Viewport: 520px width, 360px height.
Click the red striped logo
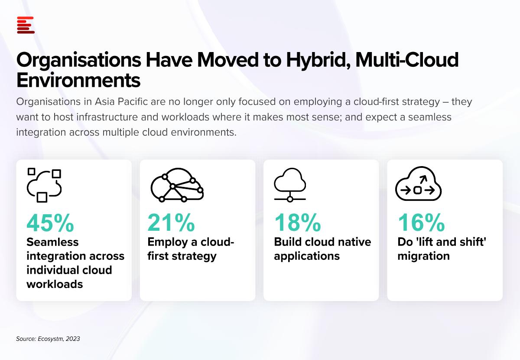point(26,25)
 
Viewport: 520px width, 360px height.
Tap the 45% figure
point(50,223)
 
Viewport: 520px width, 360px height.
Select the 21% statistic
point(171,223)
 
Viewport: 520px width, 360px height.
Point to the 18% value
point(297,223)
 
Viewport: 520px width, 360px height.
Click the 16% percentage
point(421,223)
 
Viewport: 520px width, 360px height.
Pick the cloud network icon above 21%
point(177,185)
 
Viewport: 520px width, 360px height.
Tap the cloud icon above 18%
point(290,185)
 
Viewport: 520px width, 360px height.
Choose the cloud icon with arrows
point(418,183)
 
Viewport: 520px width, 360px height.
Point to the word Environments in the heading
point(78,80)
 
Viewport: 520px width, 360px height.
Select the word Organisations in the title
point(79,60)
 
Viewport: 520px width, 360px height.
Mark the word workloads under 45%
point(55,284)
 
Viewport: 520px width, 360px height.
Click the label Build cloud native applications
point(322,249)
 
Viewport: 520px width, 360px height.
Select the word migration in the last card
point(424,256)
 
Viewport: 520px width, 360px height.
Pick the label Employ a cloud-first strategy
point(191,249)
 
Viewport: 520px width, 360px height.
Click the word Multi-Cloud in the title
point(407,60)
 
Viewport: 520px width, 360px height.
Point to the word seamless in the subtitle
point(430,117)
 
